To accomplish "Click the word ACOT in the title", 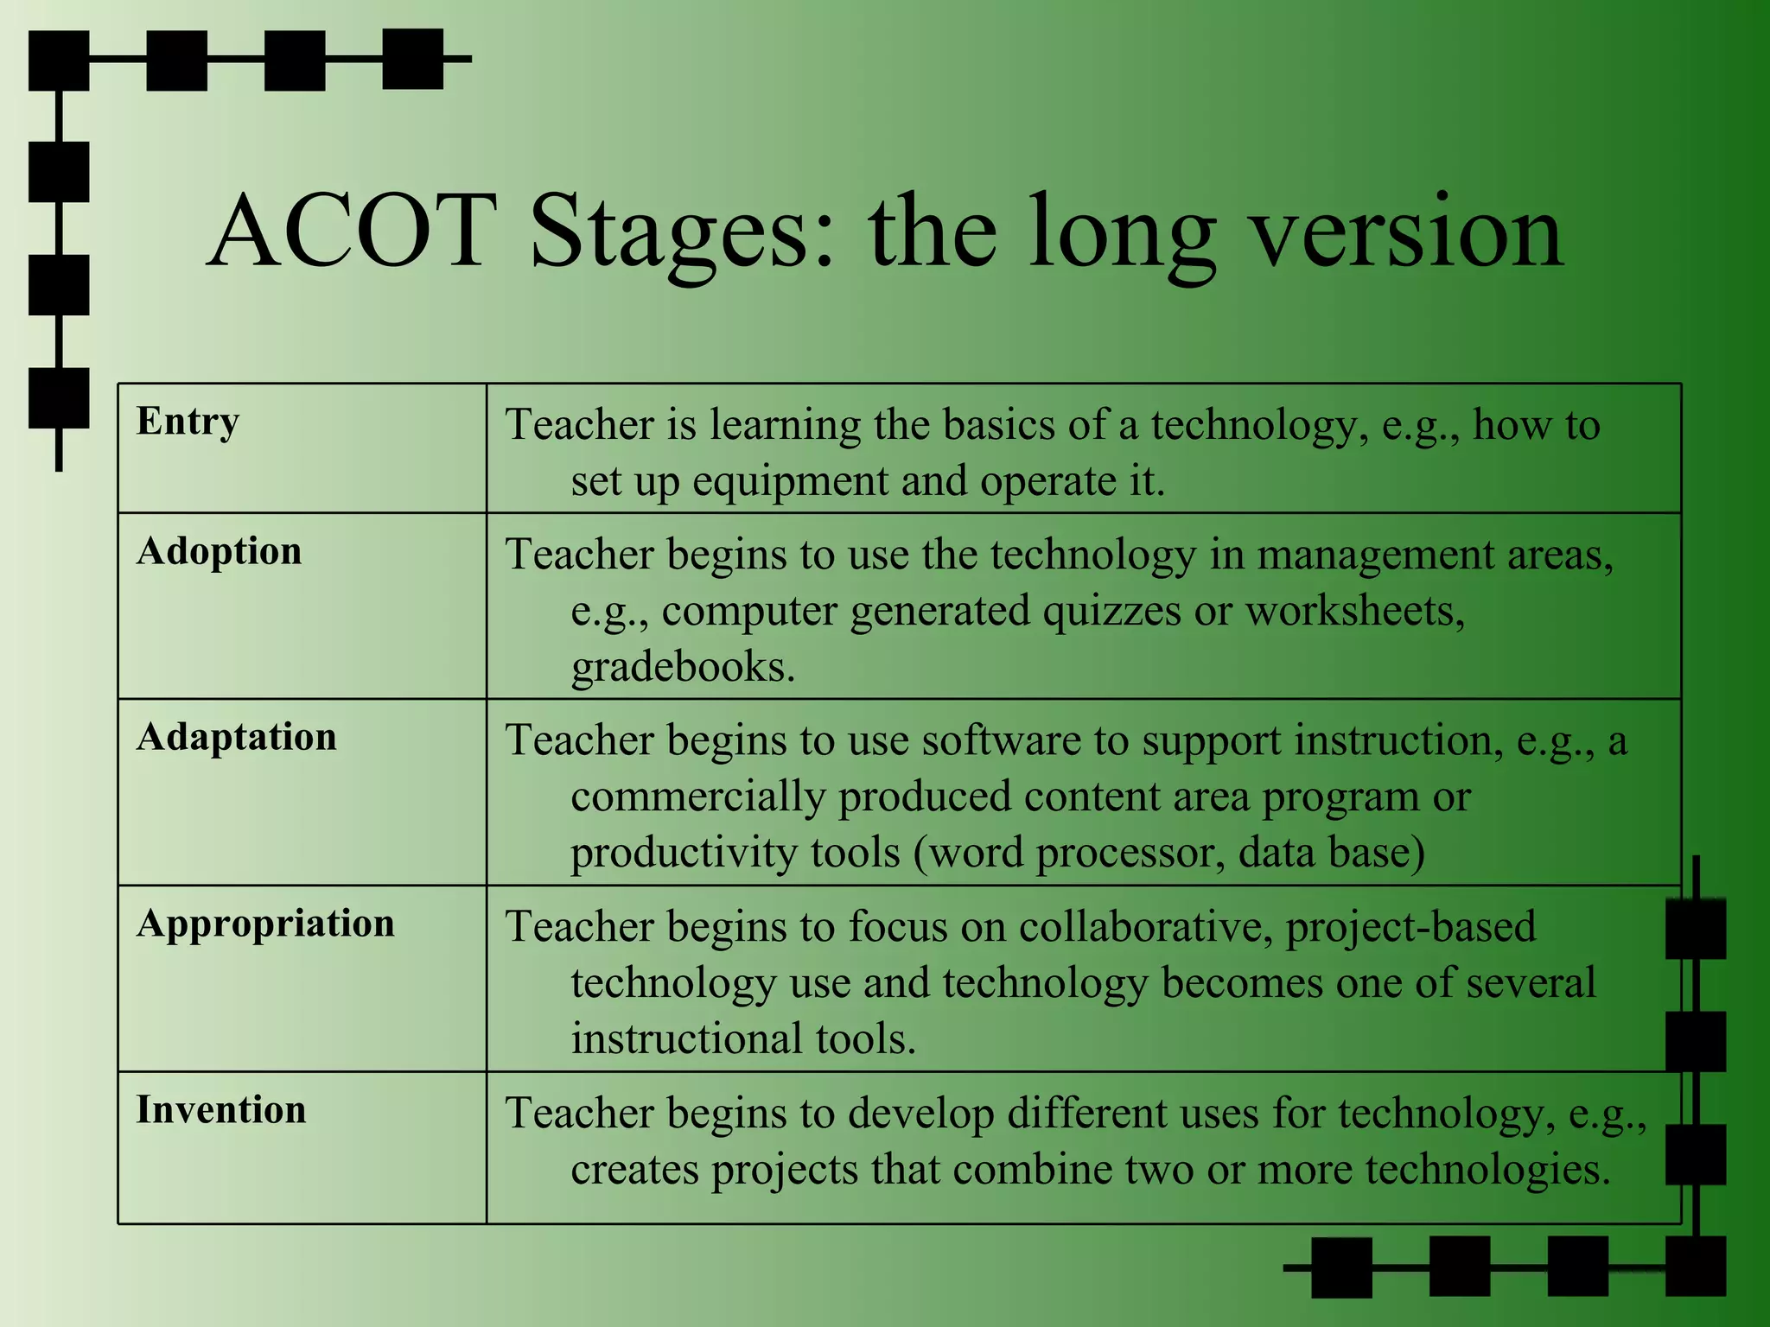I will [353, 231].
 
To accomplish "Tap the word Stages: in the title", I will [683, 233].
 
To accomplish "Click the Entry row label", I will [188, 422].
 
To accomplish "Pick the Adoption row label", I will [219, 551].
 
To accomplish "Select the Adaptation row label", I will [236, 737].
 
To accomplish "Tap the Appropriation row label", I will [265, 924].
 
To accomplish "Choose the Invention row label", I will [221, 1110].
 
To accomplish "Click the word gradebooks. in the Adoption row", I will [683, 667].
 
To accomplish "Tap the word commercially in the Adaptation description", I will [698, 797].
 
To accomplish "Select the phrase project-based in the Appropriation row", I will [1410, 927].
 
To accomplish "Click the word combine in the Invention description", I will [1031, 1170].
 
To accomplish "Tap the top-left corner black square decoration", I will [59, 60].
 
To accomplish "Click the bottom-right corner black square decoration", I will [1695, 1266].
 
